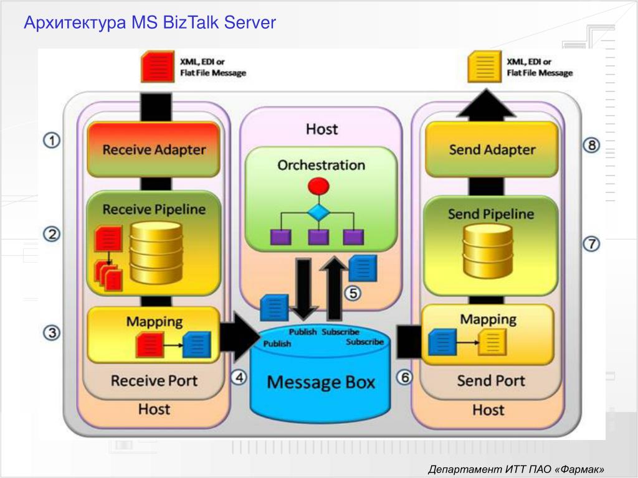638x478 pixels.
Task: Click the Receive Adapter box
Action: [x=153, y=149]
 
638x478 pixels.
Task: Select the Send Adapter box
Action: [x=492, y=149]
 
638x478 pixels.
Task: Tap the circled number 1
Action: [x=52, y=141]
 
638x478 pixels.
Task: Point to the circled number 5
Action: [x=353, y=293]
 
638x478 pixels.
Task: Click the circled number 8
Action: [x=591, y=145]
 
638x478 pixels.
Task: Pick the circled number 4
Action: [x=239, y=377]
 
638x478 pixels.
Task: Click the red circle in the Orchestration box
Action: [x=318, y=185]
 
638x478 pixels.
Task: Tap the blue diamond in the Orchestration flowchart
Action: [x=318, y=212]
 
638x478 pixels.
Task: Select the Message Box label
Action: [x=321, y=382]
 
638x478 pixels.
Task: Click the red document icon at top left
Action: [x=156, y=67]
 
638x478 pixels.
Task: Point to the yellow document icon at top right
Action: [x=484, y=67]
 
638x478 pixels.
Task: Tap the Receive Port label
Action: [x=154, y=380]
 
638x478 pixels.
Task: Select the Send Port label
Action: [x=491, y=380]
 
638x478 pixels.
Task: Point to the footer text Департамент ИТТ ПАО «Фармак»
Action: [x=517, y=469]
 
